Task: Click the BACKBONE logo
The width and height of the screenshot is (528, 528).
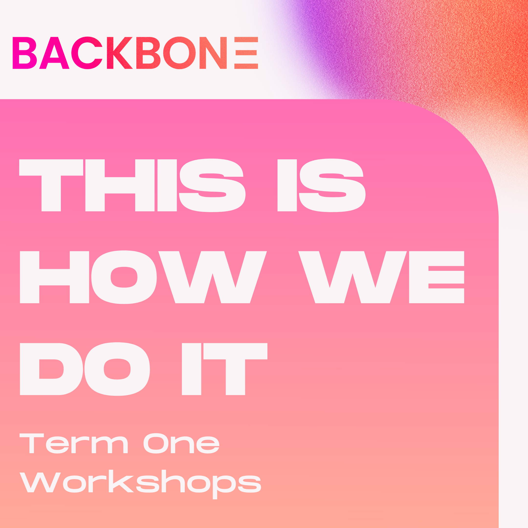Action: click(135, 53)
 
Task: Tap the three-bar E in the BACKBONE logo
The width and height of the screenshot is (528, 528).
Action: click(246, 53)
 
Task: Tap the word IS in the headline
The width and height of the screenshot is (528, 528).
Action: click(321, 185)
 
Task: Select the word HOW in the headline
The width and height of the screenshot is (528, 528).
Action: click(143, 277)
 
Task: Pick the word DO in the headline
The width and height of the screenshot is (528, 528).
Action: click(85, 369)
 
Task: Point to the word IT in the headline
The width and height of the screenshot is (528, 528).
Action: click(224, 369)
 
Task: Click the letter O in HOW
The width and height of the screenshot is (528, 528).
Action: click(124, 277)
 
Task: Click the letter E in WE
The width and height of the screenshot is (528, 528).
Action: click(436, 277)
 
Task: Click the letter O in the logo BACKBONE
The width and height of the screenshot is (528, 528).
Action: click(179, 53)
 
